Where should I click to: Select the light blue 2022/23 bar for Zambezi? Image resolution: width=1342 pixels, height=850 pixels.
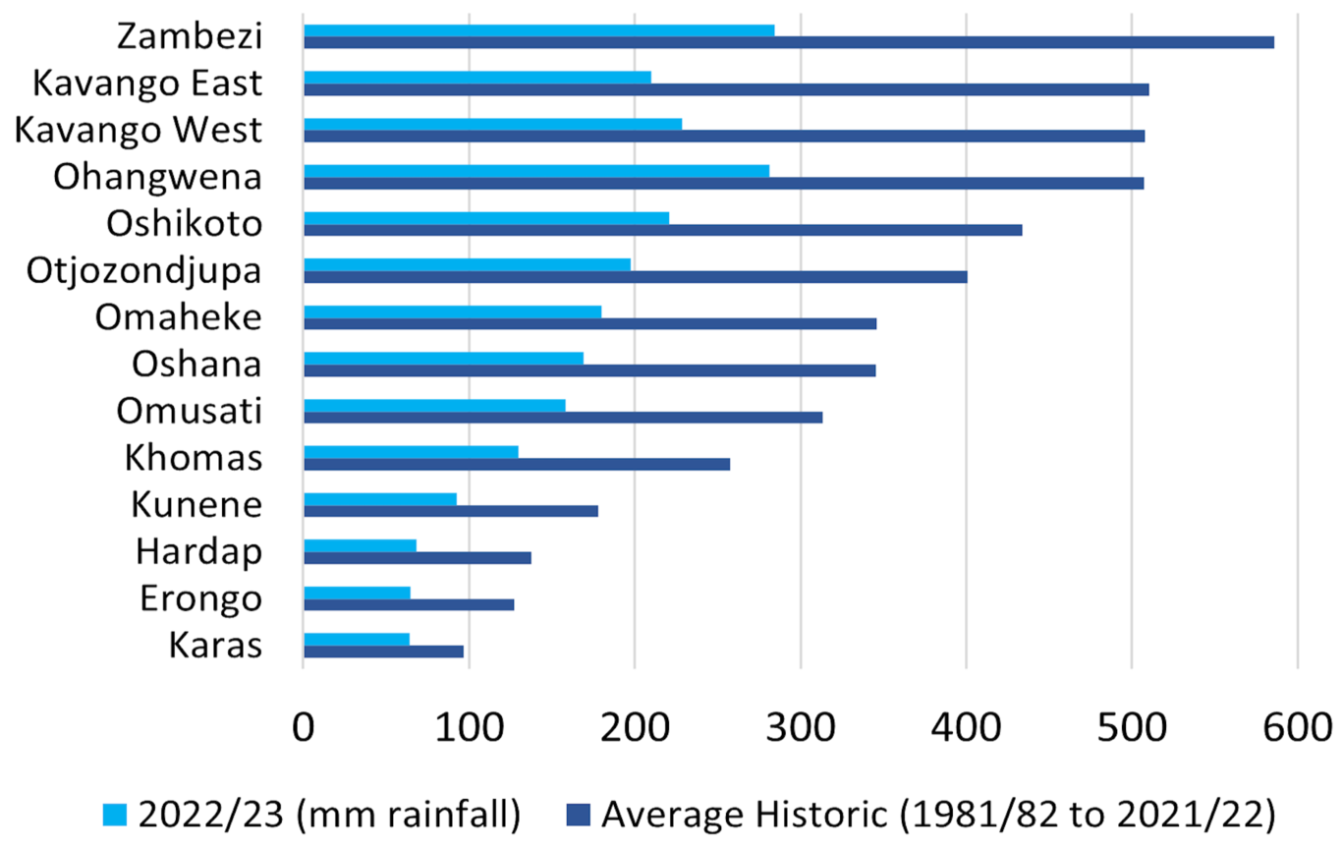(538, 29)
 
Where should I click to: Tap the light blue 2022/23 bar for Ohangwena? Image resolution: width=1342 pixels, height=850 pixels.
(535, 170)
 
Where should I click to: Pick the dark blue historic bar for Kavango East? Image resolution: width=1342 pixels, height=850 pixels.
(726, 89)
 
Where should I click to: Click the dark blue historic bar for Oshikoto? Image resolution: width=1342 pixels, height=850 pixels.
(662, 230)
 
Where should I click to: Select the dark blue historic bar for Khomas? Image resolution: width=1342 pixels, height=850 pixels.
(517, 464)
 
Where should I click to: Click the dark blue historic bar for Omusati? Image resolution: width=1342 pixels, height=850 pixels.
(562, 417)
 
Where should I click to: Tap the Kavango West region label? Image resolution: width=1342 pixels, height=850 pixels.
(139, 131)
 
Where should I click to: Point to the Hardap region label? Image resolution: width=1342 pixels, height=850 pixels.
(199, 551)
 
